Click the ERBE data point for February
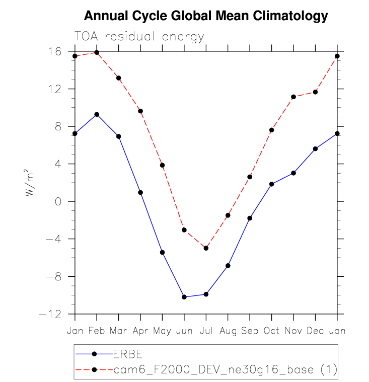pyautogui.click(x=97, y=114)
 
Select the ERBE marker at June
pyautogui.click(x=184, y=297)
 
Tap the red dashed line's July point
pyautogui.click(x=206, y=248)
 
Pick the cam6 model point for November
pyautogui.click(x=293, y=97)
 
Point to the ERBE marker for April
pyautogui.click(x=140, y=192)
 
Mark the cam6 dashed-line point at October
pyautogui.click(x=272, y=130)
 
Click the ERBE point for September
pyautogui.click(x=250, y=218)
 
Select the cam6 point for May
pyautogui.click(x=163, y=165)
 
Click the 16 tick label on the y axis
pyautogui.click(x=55, y=51)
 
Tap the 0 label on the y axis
pyautogui.click(x=58, y=201)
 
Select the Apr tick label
pyautogui.click(x=140, y=331)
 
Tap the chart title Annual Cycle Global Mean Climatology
pyautogui.click(x=205, y=16)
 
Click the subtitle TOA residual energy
pyautogui.click(x=139, y=37)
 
